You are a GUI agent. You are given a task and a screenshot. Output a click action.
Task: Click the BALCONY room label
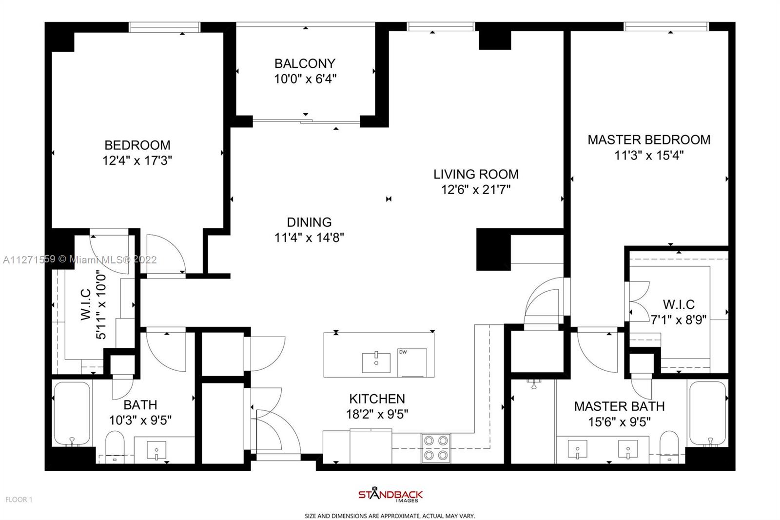click(x=305, y=63)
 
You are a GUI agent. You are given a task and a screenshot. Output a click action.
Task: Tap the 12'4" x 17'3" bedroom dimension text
click(x=137, y=160)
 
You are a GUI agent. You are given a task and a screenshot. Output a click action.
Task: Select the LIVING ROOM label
click(x=476, y=174)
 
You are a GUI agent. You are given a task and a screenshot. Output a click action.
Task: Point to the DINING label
click(x=309, y=222)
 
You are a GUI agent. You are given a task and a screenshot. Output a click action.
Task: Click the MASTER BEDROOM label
click(x=649, y=140)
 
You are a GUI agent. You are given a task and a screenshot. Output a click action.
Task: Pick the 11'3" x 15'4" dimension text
click(x=649, y=156)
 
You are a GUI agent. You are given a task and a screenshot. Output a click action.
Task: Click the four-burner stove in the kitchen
click(x=436, y=448)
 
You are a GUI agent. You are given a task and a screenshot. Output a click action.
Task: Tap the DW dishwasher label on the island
click(x=403, y=352)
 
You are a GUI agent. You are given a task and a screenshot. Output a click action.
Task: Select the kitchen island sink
click(x=376, y=362)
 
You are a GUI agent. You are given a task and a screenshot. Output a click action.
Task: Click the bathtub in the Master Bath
click(x=708, y=413)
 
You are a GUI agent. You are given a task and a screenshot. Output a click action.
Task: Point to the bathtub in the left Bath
click(x=72, y=413)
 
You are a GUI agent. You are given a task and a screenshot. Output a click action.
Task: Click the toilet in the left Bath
click(x=115, y=447)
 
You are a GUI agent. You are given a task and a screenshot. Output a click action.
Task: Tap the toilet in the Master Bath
click(x=669, y=447)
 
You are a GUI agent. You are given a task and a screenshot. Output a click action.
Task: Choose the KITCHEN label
click(x=377, y=399)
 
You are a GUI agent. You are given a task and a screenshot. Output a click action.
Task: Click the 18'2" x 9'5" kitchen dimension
click(x=377, y=415)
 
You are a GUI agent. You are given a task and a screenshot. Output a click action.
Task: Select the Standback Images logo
click(x=390, y=495)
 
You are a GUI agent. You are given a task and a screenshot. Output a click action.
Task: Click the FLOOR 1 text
click(x=19, y=500)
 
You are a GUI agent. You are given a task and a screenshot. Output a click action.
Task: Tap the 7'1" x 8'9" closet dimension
click(x=679, y=320)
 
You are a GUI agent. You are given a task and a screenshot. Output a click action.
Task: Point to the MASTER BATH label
click(x=620, y=406)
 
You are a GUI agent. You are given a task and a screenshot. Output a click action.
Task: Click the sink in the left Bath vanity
click(x=156, y=451)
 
